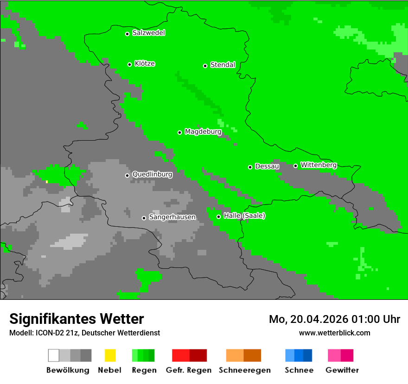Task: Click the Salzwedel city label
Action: pyautogui.click(x=148, y=33)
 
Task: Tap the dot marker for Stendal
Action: pyautogui.click(x=205, y=66)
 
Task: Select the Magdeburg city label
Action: pyautogui.click(x=203, y=132)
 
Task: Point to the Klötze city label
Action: pyautogui.click(x=145, y=63)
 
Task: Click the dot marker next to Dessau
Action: pyautogui.click(x=250, y=167)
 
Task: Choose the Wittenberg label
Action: pyautogui.click(x=319, y=165)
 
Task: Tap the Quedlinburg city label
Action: pyautogui.click(x=152, y=174)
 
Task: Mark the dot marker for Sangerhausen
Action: pyautogui.click(x=144, y=218)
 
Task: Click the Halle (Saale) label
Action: pyautogui.click(x=244, y=216)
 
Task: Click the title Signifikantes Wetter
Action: pyautogui.click(x=76, y=319)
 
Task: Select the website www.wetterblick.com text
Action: pyautogui.click(x=334, y=333)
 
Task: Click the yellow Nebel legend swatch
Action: pyautogui.click(x=110, y=355)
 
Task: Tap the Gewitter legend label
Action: pyautogui.click(x=342, y=370)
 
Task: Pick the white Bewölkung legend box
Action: pyautogui.click(x=54, y=355)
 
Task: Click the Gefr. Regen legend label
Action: pyautogui.click(x=188, y=370)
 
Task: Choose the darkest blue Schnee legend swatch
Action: pyautogui.click(x=307, y=355)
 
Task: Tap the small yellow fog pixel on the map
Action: pyautogui.click(x=47, y=181)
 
